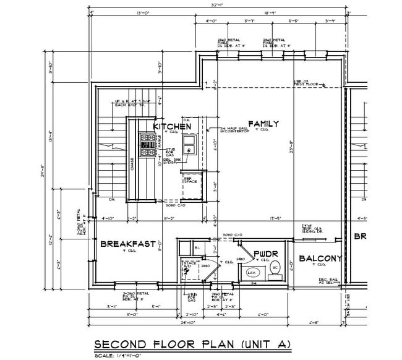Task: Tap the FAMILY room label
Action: (x=263, y=124)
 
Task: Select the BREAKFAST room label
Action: (x=127, y=244)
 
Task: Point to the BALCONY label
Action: (x=320, y=259)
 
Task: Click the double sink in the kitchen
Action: (x=190, y=146)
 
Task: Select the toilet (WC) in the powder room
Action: (x=276, y=268)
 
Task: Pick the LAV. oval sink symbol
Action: (x=252, y=272)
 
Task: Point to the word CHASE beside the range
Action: (x=132, y=163)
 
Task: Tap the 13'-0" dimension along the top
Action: (x=145, y=12)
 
